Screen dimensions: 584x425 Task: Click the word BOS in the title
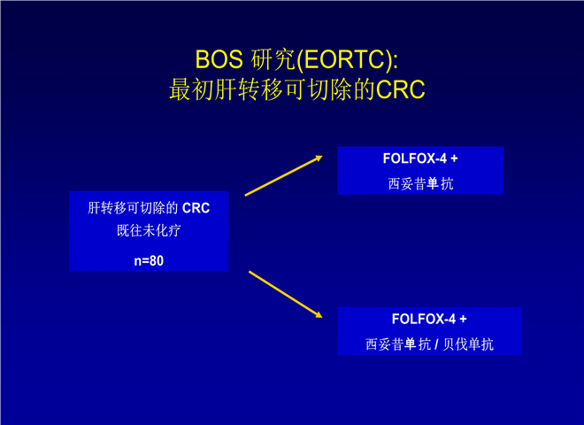tap(219, 59)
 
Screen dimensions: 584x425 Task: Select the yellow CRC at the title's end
tap(400, 89)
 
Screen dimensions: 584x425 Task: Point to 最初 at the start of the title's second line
tap(192, 89)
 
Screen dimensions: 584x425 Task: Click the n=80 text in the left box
tap(149, 260)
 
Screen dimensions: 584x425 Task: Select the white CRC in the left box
tap(196, 208)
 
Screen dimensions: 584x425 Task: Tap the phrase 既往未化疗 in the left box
tap(149, 230)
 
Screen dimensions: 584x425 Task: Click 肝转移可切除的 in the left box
tap(133, 208)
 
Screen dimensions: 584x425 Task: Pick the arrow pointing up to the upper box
tap(283, 175)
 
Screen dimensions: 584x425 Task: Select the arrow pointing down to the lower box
tap(285, 295)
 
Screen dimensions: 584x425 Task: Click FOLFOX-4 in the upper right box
tap(414, 158)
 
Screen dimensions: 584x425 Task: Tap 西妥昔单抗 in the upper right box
tap(420, 184)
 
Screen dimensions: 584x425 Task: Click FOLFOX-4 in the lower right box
tap(424, 319)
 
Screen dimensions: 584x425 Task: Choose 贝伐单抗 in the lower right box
tap(468, 344)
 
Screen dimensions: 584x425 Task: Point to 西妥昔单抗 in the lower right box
tap(398, 344)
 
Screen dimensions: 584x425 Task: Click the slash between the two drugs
tap(436, 344)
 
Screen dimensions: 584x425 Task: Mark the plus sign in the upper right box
tap(454, 158)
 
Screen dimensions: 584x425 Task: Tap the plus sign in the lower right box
tap(463, 320)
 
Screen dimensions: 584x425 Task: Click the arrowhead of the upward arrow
tap(319, 158)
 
